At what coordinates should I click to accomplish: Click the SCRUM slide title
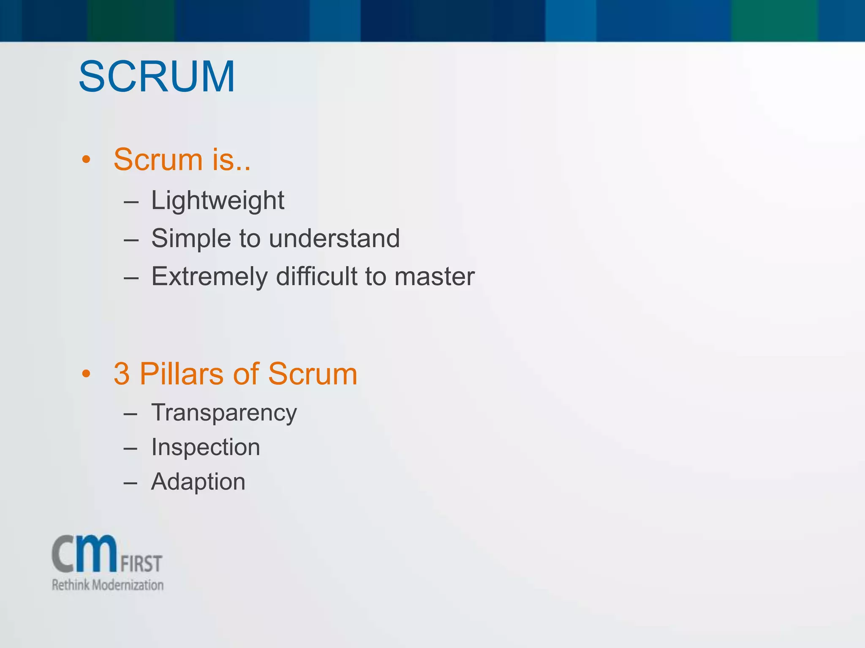pos(157,77)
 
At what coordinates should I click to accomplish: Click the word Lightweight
pos(218,200)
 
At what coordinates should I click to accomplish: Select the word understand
pos(334,238)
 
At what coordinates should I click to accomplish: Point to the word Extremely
pos(209,277)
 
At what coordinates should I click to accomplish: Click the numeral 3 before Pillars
pos(122,374)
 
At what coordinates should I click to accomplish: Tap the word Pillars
pos(181,374)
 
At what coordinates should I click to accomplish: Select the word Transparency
pos(224,413)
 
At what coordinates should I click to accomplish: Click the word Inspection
pos(206,447)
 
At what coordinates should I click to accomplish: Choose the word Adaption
pos(198,482)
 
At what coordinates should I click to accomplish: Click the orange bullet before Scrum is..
pos(87,160)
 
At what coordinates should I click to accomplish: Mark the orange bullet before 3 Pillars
pos(87,374)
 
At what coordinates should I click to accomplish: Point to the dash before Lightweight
pos(131,203)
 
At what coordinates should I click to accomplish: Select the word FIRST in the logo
pos(141,564)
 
